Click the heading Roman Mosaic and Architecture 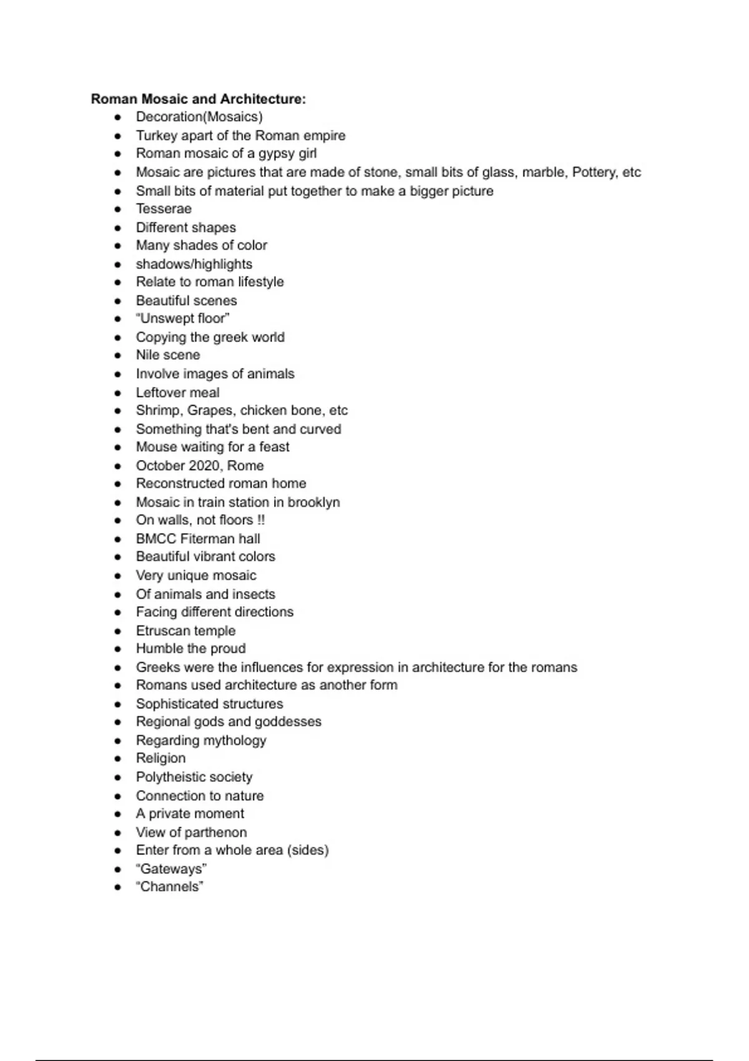pos(198,99)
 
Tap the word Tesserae pos(164,208)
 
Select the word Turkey pos(156,135)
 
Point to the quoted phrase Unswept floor pos(183,318)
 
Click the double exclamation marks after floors pos(261,520)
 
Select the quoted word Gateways pos(172,869)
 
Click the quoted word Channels pos(170,887)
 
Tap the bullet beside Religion pos(118,759)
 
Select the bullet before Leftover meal pos(118,393)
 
